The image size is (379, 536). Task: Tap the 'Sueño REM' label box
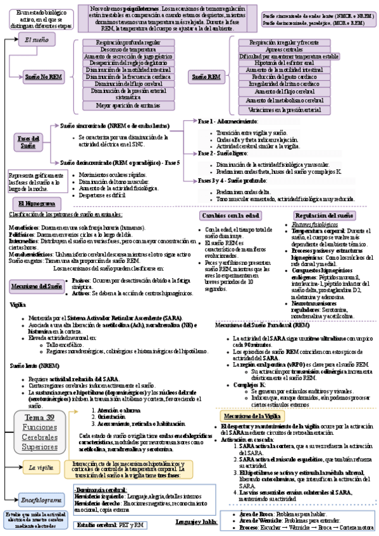click(206, 76)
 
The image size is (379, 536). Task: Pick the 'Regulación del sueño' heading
click(325, 216)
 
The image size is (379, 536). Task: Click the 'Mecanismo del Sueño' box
click(37, 286)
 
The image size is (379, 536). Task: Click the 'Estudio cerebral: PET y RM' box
click(109, 525)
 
